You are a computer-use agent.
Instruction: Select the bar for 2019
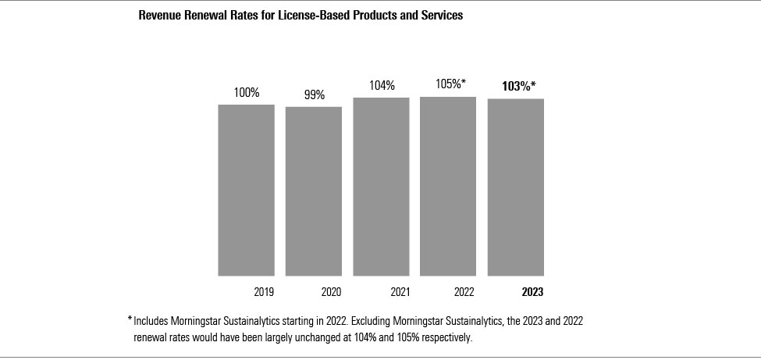pos(246,190)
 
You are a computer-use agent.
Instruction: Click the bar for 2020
pos(313,191)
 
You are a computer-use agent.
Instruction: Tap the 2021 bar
pos(381,187)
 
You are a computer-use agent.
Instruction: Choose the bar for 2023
pos(516,187)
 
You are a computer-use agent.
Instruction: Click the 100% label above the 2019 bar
pos(247,93)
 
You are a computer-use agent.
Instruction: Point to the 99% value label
pos(314,95)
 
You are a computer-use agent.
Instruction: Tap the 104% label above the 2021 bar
pos(382,86)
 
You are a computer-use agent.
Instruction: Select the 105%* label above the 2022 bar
pos(450,84)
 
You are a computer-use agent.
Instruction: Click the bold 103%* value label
pos(518,86)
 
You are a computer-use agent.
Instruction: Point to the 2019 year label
pos(264,292)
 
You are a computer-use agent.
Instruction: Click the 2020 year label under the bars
pos(331,292)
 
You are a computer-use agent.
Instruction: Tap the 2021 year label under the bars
pos(399,292)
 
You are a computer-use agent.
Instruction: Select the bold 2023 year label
pos(532,292)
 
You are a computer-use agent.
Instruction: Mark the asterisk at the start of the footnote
pos(130,319)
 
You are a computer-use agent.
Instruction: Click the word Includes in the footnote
pos(151,321)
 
